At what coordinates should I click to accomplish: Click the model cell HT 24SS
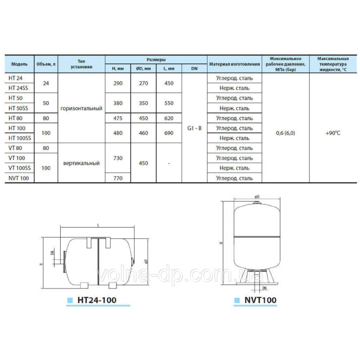(x=18, y=88)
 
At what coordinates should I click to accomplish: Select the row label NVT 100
(x=18, y=178)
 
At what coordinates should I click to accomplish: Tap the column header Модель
(x=19, y=64)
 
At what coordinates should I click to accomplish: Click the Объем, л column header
(x=46, y=64)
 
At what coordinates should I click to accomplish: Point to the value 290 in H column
(x=118, y=83)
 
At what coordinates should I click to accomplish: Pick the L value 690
(x=169, y=133)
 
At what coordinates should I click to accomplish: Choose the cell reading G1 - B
(x=194, y=128)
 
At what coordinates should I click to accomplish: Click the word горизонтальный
(x=81, y=108)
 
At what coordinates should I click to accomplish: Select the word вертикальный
(x=81, y=163)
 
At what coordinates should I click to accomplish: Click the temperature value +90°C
(x=333, y=133)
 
